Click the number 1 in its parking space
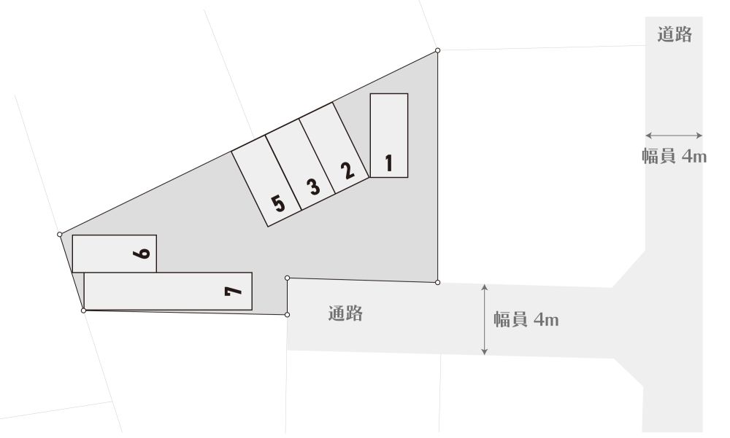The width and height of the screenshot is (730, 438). [x=389, y=163]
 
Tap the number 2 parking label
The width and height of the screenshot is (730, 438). [x=347, y=171]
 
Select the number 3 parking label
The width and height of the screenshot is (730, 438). [x=313, y=187]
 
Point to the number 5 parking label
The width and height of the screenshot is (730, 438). [x=278, y=203]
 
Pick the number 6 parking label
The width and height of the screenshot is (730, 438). [x=141, y=254]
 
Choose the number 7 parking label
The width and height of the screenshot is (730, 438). [x=234, y=291]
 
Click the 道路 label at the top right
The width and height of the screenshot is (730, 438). [x=675, y=34]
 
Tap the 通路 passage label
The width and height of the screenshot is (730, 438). [x=345, y=313]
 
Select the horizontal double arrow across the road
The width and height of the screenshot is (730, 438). [x=674, y=136]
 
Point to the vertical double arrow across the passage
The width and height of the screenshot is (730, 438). [x=485, y=320]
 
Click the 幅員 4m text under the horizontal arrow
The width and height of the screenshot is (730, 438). [x=674, y=156]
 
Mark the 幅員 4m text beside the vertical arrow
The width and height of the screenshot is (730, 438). [x=526, y=320]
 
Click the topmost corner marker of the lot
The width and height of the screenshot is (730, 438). [x=437, y=50]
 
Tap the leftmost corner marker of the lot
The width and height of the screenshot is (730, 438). [x=60, y=235]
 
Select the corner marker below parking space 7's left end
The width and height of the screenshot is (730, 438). [x=83, y=310]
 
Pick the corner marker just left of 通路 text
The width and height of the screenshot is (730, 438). [x=287, y=315]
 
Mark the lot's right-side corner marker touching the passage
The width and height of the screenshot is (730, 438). [x=437, y=282]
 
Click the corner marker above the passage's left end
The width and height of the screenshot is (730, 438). [x=287, y=278]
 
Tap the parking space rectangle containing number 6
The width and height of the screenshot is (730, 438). [x=115, y=254]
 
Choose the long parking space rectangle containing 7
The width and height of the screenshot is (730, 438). [x=168, y=291]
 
